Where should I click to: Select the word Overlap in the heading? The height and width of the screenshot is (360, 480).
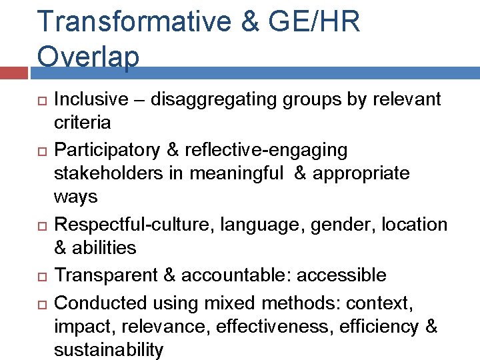coord(89,56)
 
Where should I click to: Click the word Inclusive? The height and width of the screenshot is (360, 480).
coord(91,99)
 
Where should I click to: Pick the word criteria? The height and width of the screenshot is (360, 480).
coord(82,123)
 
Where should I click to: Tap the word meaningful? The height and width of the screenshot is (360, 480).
coord(236,173)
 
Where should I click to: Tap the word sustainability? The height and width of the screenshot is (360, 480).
coord(109,349)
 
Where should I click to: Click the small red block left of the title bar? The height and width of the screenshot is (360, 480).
coord(15,72)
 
